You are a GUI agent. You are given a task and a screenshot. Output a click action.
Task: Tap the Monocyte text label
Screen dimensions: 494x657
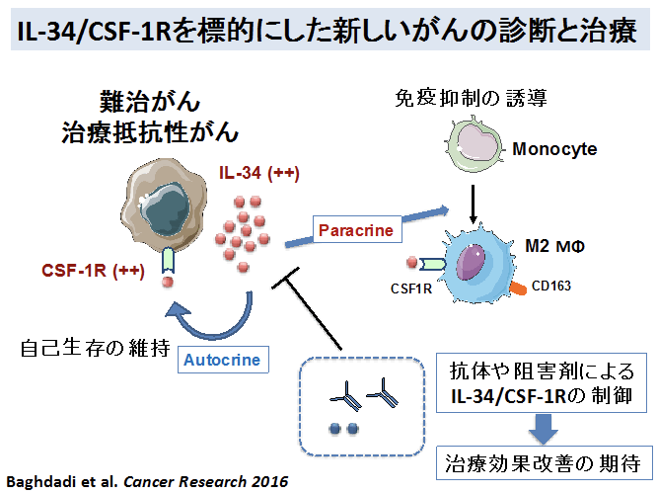pos(553,150)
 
